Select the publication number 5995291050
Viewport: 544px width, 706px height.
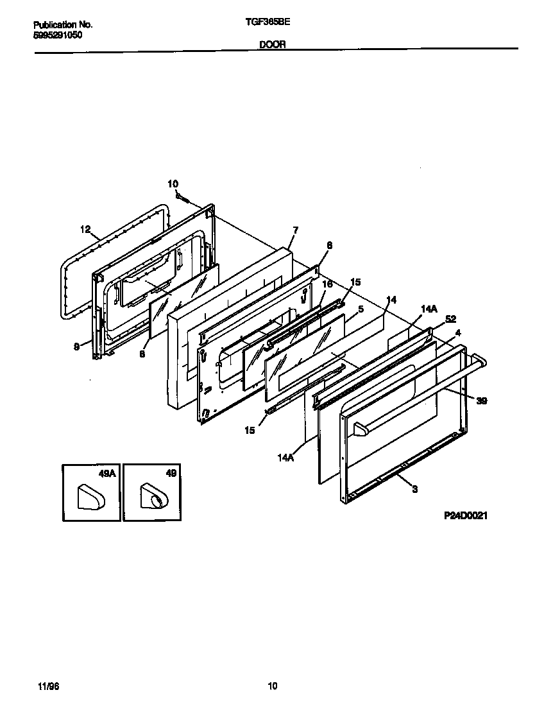tap(57, 35)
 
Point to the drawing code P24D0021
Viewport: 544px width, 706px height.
tap(464, 515)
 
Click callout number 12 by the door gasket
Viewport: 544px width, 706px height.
tap(85, 228)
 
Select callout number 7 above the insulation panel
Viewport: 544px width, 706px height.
tap(295, 230)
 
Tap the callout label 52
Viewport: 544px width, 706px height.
tap(450, 319)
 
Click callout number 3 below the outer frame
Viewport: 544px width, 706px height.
tap(414, 489)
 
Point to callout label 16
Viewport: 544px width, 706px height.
tap(327, 284)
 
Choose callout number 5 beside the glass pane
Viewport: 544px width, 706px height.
tap(361, 309)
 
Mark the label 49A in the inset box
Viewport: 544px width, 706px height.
tap(106, 474)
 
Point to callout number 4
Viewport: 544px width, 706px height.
tap(457, 332)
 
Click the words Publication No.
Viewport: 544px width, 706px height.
tap(62, 24)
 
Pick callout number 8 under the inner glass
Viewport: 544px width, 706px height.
tap(143, 352)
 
